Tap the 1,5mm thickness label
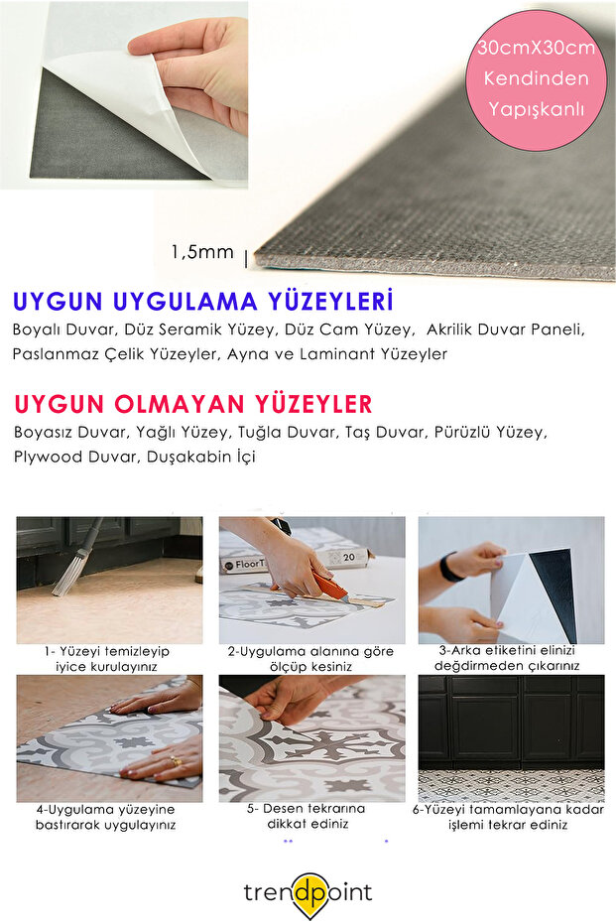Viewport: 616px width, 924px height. click(x=201, y=252)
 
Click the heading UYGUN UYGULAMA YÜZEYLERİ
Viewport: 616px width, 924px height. click(x=203, y=301)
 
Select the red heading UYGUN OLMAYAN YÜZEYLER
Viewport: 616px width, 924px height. click(x=193, y=404)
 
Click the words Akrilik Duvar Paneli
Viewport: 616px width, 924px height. click(x=505, y=329)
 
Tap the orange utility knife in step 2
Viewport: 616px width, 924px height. click(x=328, y=588)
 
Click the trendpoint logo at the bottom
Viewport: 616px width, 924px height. click(x=308, y=892)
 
